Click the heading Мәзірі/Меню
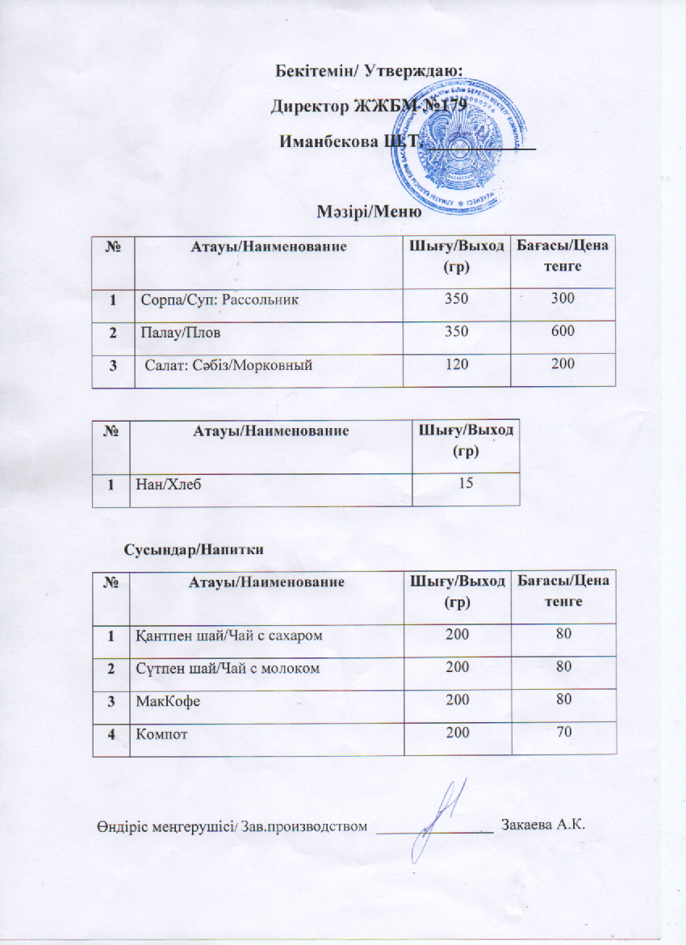(368, 212)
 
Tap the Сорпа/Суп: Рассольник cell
(220, 300)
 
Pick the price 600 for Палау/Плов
(563, 331)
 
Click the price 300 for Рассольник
(563, 299)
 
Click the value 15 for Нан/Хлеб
(465, 483)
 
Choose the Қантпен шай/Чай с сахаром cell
(228, 636)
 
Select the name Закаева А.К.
(542, 825)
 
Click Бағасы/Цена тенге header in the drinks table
(563, 590)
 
